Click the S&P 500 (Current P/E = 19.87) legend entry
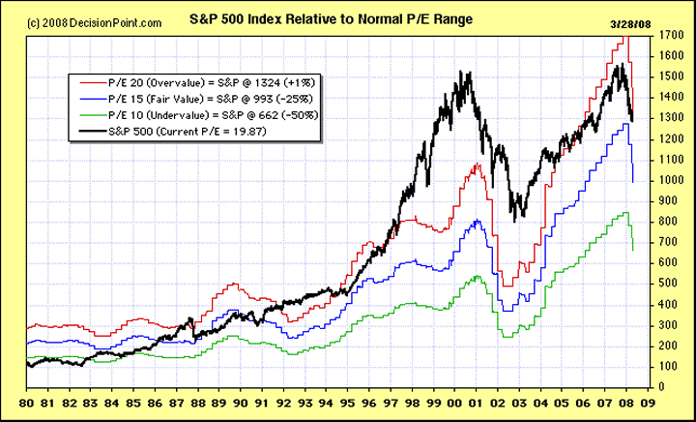pos(192,130)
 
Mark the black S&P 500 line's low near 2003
pos(515,221)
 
